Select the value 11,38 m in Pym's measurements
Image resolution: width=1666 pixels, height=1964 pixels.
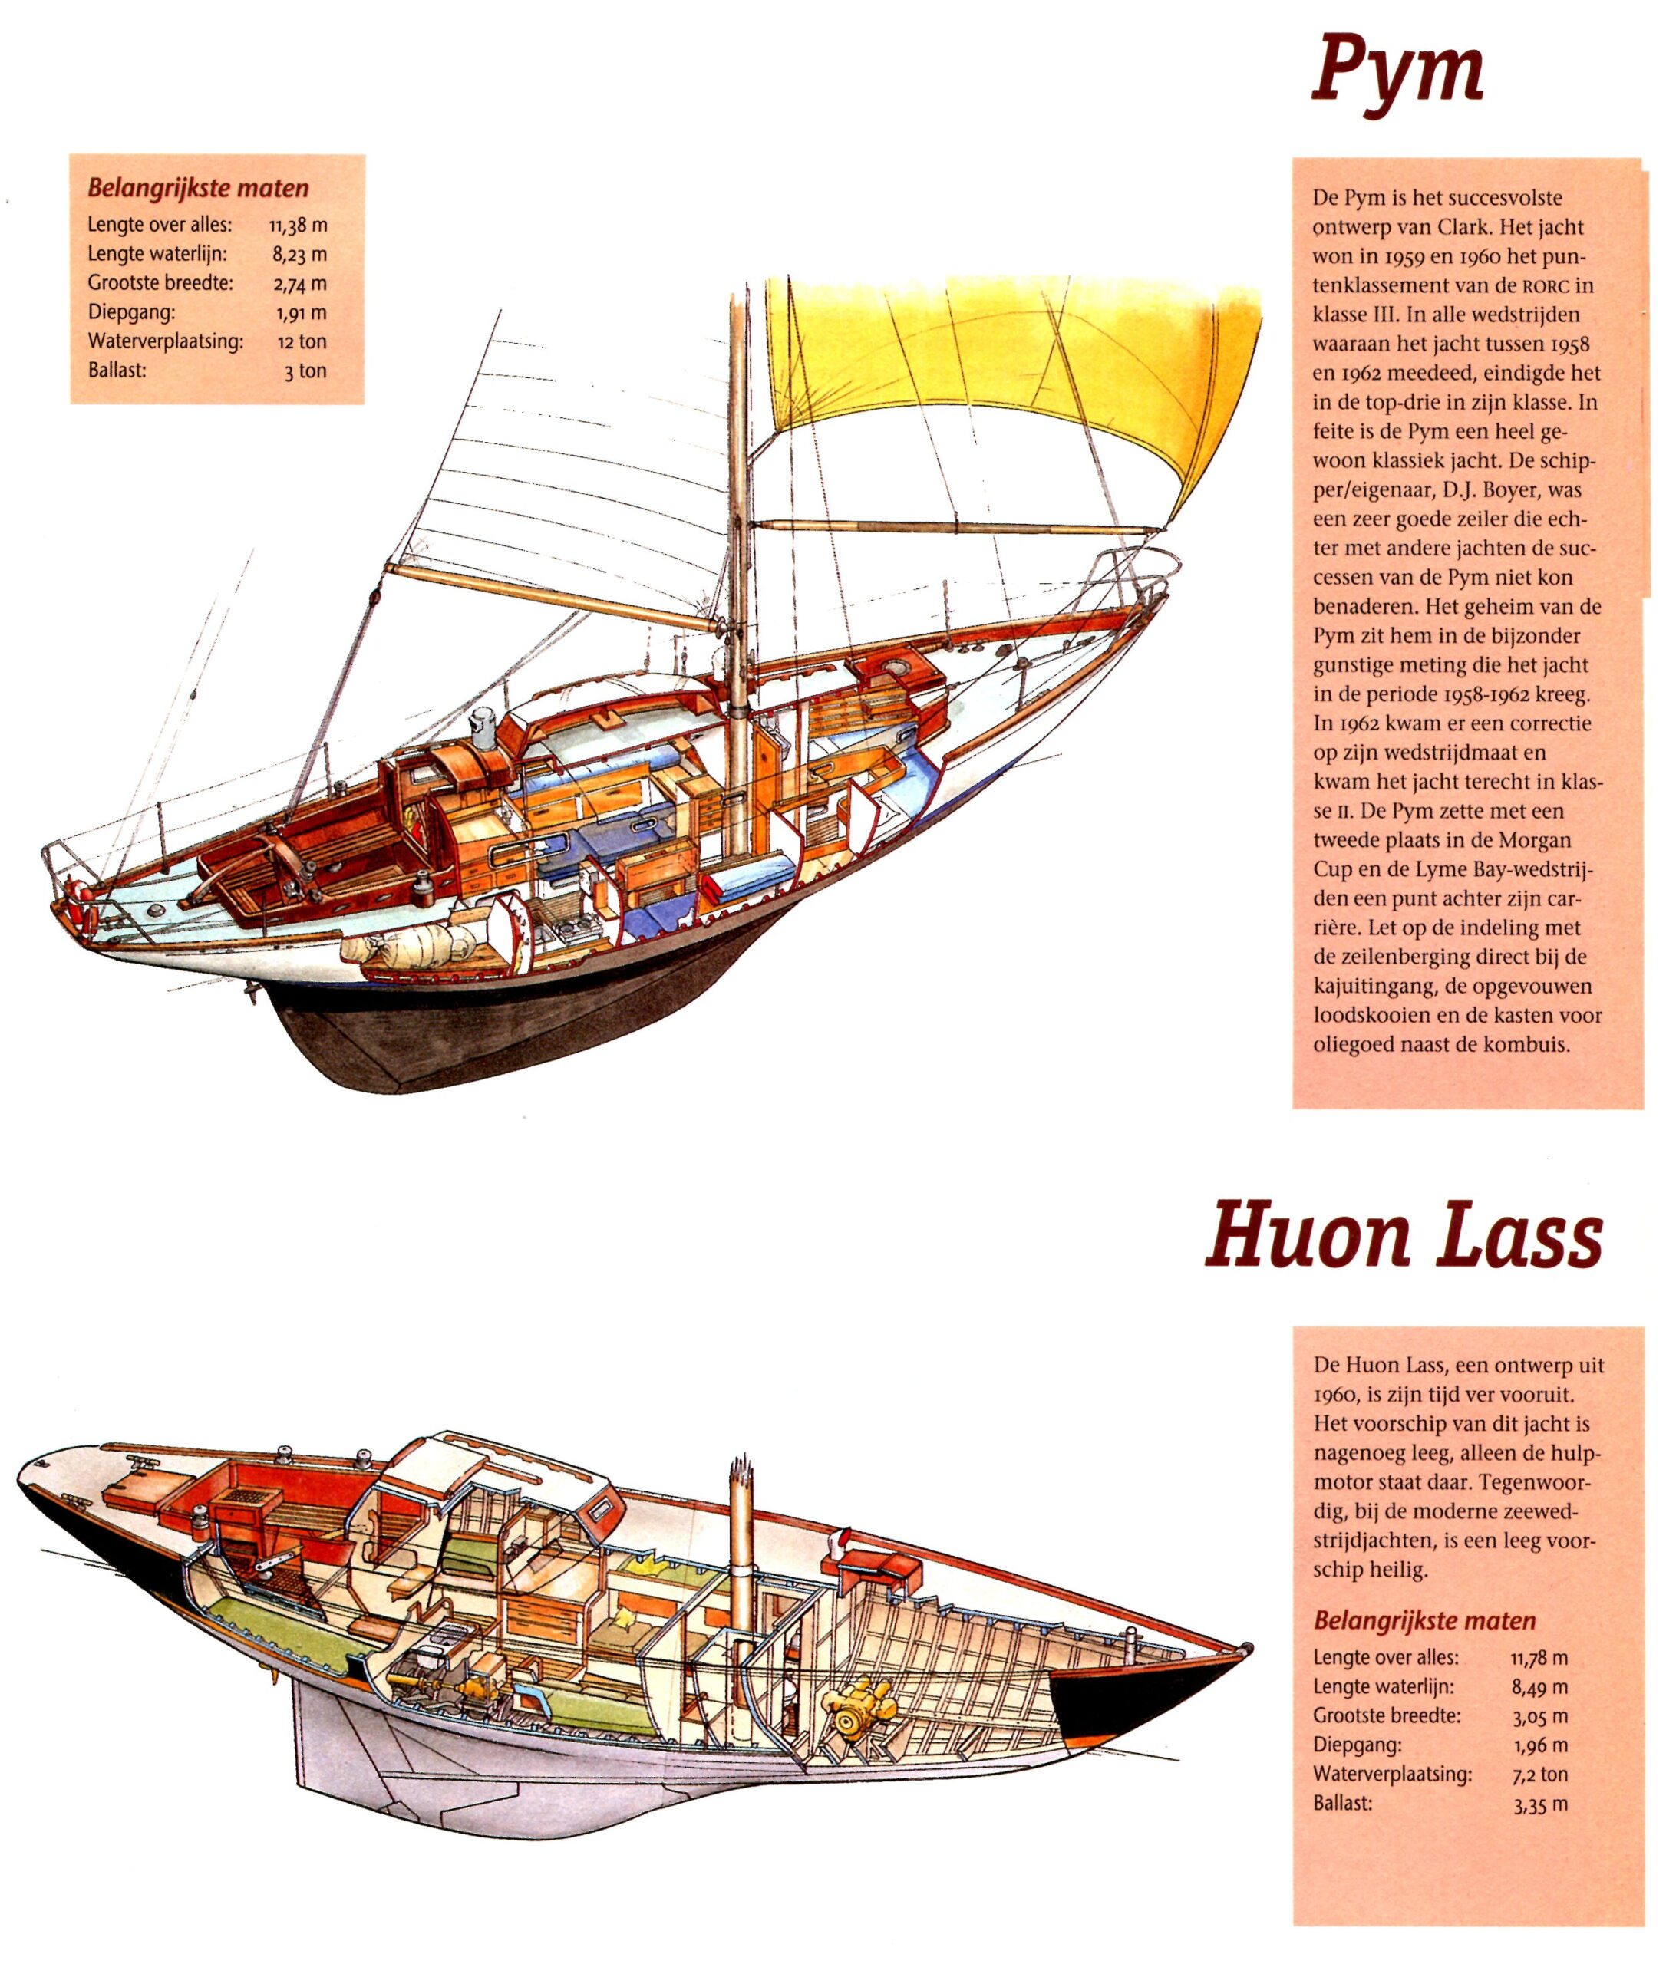coord(298,226)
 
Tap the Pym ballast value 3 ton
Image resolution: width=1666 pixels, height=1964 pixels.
coord(306,371)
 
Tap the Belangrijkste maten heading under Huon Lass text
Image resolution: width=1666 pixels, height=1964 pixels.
coord(1424,1620)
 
